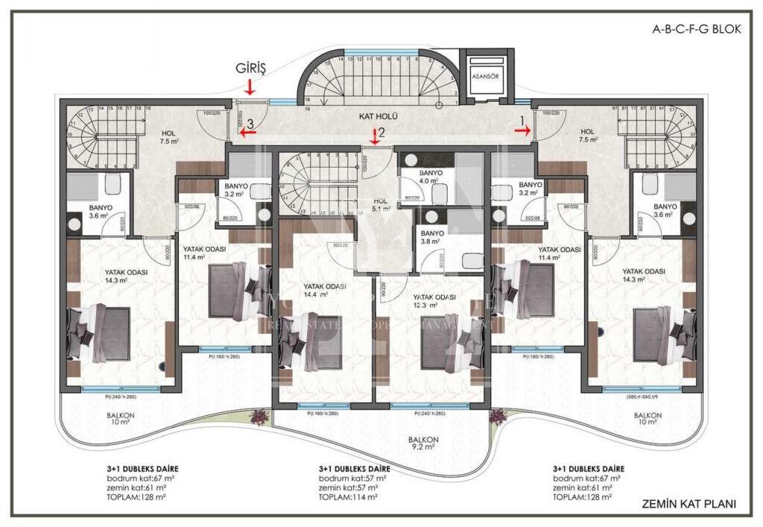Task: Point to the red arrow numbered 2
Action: coord(374,136)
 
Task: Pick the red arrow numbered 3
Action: coord(249,133)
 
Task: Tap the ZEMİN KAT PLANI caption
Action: coord(688,504)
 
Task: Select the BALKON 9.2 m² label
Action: coord(423,444)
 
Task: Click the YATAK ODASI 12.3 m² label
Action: coord(434,300)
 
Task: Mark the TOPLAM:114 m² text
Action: coord(348,496)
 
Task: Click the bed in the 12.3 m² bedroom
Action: coord(447,347)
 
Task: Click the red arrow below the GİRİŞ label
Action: coord(250,87)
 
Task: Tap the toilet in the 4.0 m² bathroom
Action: coord(440,194)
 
